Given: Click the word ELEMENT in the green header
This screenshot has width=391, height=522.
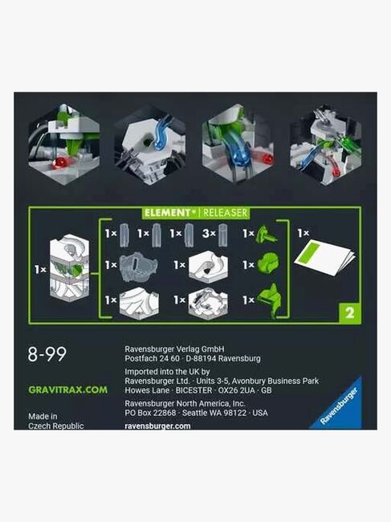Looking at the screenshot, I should pyautogui.click(x=167, y=213).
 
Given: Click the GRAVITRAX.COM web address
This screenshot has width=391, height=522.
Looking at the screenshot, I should pyautogui.click(x=68, y=389).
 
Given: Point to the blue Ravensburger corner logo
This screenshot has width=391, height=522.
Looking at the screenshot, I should pyautogui.click(x=337, y=406).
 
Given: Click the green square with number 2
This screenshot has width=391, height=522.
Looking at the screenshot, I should pyautogui.click(x=348, y=313).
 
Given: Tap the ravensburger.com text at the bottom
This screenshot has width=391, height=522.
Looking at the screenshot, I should pyautogui.click(x=158, y=426).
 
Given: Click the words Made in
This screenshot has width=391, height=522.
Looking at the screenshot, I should pyautogui.click(x=42, y=415).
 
